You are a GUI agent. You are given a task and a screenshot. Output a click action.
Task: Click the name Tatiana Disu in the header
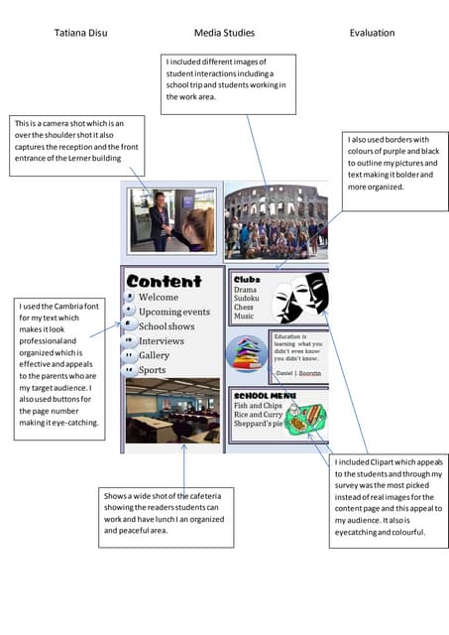click(x=81, y=33)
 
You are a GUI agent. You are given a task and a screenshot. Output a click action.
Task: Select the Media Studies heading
click(x=223, y=33)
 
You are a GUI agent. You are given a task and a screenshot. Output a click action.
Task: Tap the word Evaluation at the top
click(x=372, y=33)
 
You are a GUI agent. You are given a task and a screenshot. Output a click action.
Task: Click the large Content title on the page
click(x=164, y=281)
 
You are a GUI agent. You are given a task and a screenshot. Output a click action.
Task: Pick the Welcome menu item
click(x=159, y=297)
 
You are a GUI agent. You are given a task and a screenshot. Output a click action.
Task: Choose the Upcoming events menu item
click(x=174, y=312)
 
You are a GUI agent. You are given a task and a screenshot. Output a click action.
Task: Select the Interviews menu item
click(x=161, y=340)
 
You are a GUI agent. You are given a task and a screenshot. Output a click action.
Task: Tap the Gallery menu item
click(x=154, y=355)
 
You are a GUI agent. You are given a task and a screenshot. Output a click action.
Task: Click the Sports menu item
click(x=152, y=370)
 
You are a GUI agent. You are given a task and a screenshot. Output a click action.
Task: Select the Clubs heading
click(x=246, y=280)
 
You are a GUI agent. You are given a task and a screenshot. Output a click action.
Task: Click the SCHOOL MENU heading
click(x=260, y=395)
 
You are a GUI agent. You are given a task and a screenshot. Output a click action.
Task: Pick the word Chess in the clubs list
click(x=244, y=308)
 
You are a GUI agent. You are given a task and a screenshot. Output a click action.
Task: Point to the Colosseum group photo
click(x=276, y=222)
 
